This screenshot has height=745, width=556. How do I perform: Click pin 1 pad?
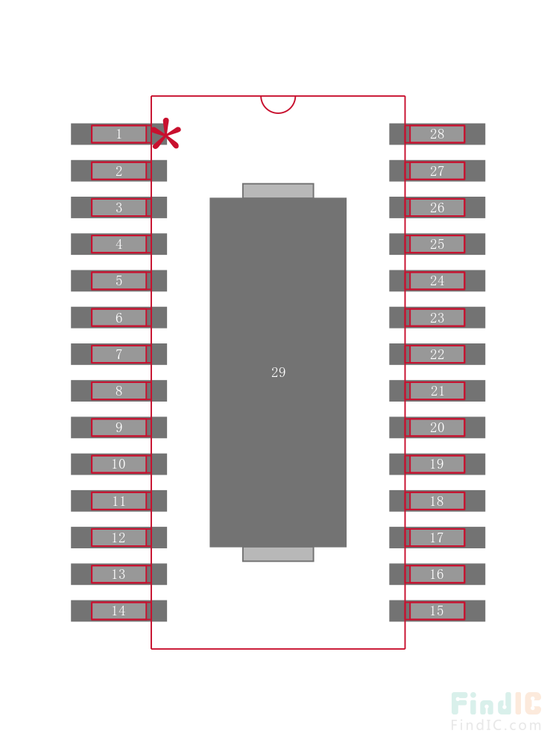click(119, 134)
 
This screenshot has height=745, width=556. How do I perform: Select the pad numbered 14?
click(119, 611)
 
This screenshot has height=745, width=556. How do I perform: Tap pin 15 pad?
click(437, 611)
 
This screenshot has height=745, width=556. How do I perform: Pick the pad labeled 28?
click(437, 134)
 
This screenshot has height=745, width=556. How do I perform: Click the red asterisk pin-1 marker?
click(165, 135)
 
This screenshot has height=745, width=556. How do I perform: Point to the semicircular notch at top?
click(278, 104)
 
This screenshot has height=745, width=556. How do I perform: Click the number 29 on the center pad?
click(278, 372)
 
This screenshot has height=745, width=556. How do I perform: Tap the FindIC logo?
click(496, 704)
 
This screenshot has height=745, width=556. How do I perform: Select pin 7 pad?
click(119, 354)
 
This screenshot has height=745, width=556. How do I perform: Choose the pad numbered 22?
click(437, 354)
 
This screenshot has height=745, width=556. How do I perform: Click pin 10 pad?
click(119, 464)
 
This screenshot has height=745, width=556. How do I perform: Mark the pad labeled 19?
click(437, 464)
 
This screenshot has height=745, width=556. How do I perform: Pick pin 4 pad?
click(119, 244)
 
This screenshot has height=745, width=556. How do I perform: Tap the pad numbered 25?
click(437, 244)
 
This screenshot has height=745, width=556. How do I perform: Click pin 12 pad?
click(119, 537)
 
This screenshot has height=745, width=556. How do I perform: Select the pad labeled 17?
click(437, 537)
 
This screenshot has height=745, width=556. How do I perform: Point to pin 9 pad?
click(119, 428)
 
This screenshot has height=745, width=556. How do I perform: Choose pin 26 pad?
click(437, 207)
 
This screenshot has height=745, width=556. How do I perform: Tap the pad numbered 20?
click(437, 428)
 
